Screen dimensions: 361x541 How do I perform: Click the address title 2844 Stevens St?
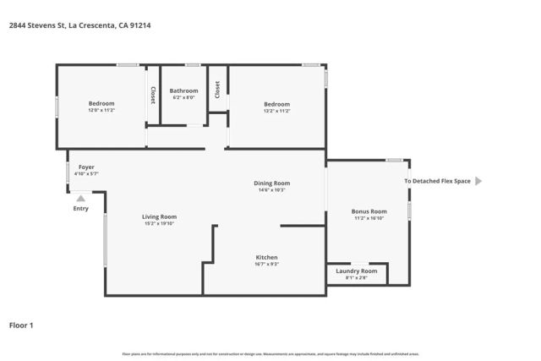[79, 25]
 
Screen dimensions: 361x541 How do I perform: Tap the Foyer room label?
[86, 167]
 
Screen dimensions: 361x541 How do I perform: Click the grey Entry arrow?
[81, 199]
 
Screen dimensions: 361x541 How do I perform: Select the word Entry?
[81, 209]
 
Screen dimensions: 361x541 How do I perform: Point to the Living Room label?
[159, 216]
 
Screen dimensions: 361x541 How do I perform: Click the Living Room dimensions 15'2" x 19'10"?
[159, 224]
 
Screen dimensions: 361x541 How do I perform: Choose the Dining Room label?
[272, 183]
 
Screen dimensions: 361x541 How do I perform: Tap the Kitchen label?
[267, 257]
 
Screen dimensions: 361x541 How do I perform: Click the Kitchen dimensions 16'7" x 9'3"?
[267, 264]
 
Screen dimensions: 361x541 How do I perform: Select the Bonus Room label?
[369, 211]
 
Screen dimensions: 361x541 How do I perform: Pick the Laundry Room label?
[356, 271]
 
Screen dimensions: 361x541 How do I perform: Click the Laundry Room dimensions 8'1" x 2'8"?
[356, 277]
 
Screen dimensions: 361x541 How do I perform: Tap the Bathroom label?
[183, 90]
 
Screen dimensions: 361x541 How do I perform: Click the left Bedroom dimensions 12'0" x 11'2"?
[101, 111]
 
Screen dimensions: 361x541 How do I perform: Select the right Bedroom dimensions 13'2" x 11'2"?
[276, 111]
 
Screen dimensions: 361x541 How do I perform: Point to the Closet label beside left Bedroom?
[152, 95]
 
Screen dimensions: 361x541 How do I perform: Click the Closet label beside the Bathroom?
[217, 90]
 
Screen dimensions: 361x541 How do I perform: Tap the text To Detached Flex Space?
[437, 181]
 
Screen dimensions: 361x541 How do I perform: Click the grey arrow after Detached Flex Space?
[478, 181]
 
